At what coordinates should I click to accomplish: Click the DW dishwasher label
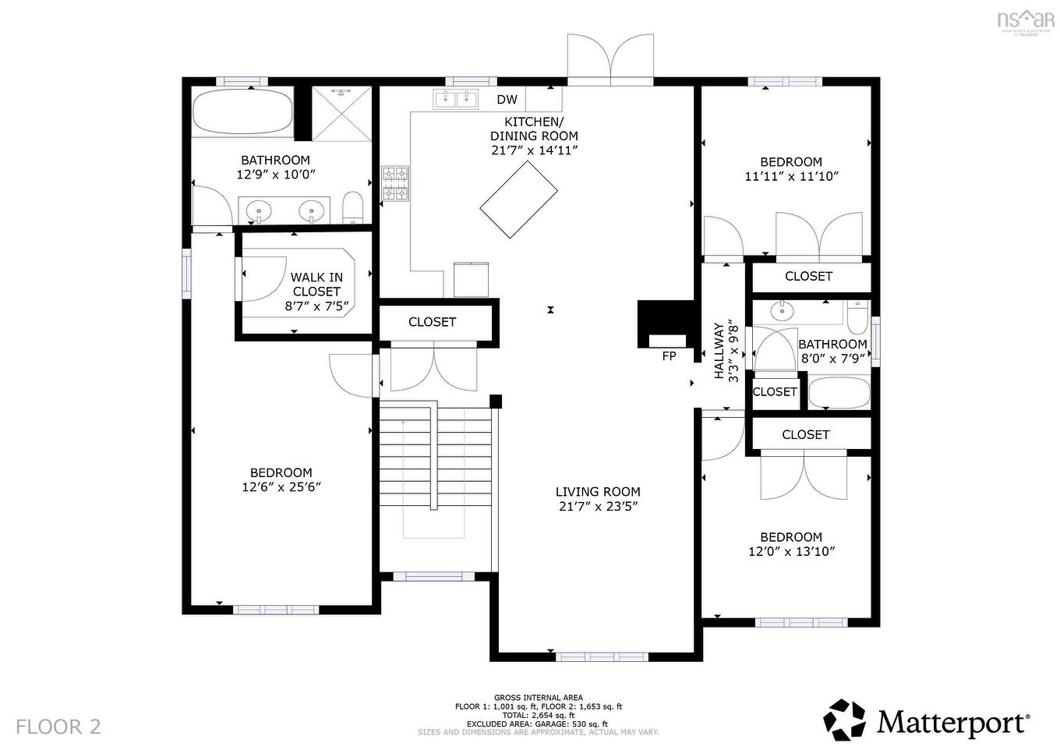(x=507, y=99)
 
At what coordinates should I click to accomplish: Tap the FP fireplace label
(x=669, y=356)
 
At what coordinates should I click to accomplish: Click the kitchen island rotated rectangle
(x=518, y=199)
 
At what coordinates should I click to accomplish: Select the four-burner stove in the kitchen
(x=395, y=184)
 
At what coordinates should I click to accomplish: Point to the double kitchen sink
(x=456, y=99)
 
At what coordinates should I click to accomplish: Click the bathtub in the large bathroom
(x=242, y=113)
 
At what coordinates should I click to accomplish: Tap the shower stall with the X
(x=342, y=113)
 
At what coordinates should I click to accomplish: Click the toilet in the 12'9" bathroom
(x=353, y=207)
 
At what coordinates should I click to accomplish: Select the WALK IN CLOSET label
(x=316, y=285)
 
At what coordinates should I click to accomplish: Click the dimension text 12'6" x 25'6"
(x=281, y=487)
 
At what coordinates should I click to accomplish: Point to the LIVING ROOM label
(x=598, y=492)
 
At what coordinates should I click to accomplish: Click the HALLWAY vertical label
(x=719, y=351)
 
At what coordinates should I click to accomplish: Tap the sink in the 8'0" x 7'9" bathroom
(x=781, y=312)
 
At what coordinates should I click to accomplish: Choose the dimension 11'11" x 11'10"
(x=791, y=177)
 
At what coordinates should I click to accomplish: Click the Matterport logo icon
(x=846, y=720)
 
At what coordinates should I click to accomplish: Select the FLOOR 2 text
(x=58, y=727)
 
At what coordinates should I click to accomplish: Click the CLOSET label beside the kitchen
(x=432, y=322)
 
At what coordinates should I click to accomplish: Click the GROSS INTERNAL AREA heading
(x=538, y=698)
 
